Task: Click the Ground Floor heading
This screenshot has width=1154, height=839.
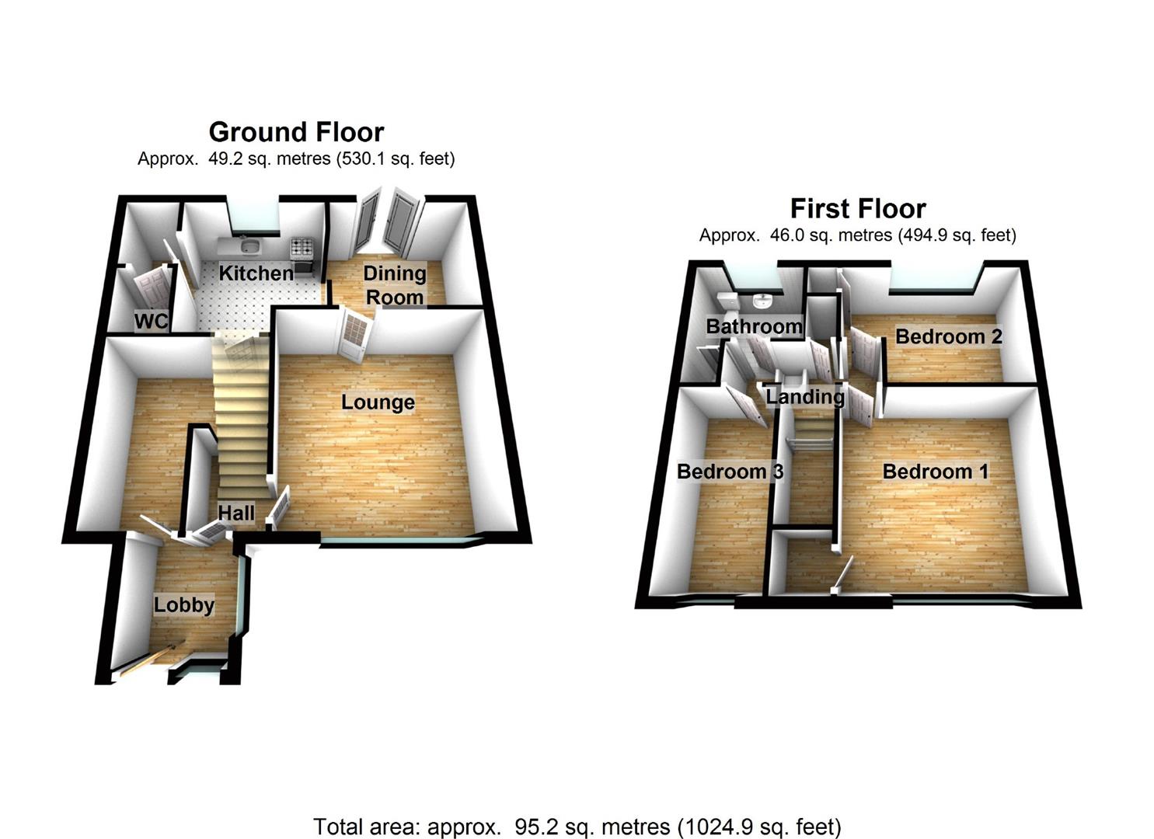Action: tap(296, 131)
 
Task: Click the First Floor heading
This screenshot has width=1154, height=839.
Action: tap(857, 208)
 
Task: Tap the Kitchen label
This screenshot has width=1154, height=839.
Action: tap(256, 273)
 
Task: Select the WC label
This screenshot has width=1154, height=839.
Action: tap(151, 321)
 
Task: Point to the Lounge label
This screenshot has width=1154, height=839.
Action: tap(378, 402)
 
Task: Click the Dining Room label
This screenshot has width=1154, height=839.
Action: tap(394, 285)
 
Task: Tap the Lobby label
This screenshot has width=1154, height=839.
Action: tap(183, 605)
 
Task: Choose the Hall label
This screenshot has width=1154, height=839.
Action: tap(235, 513)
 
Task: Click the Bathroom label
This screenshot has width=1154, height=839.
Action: tap(753, 326)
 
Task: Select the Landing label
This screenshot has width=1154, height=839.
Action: tap(804, 397)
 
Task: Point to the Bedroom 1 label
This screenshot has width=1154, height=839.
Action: tap(936, 472)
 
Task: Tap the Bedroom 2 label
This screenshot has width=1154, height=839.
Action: tap(948, 336)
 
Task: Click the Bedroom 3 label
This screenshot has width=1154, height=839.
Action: tap(729, 472)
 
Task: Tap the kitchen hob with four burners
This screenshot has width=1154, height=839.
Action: tap(302, 248)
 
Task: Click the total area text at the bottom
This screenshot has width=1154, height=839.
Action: tap(577, 827)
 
